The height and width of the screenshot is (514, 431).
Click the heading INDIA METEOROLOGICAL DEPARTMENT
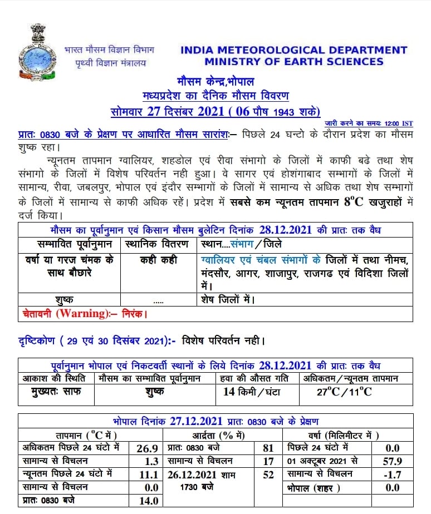293,50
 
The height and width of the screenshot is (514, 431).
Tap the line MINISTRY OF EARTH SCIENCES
293,62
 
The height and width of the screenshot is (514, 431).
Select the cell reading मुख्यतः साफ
57,391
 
